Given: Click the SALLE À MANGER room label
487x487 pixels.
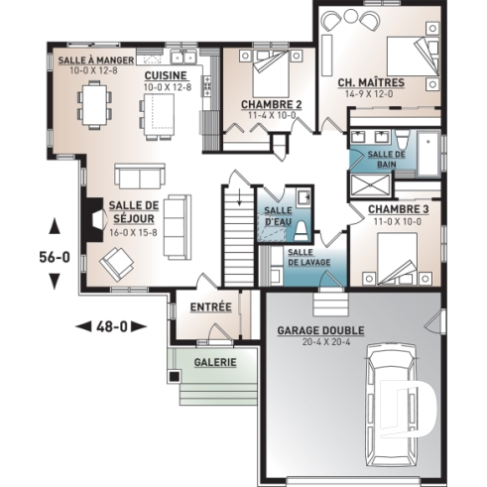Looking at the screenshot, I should click(x=88, y=61).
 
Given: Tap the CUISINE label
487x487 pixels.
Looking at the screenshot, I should click(x=164, y=75).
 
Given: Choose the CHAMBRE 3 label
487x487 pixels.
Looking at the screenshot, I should click(x=399, y=210).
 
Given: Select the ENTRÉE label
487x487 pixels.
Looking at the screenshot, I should click(x=210, y=307).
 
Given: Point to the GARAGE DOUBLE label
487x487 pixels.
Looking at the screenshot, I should click(x=320, y=330).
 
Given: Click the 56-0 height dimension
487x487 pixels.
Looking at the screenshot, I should click(x=53, y=255).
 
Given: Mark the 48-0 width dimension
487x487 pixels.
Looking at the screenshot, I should click(x=110, y=324).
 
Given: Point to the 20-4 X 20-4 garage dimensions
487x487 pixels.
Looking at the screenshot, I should click(x=320, y=342).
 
